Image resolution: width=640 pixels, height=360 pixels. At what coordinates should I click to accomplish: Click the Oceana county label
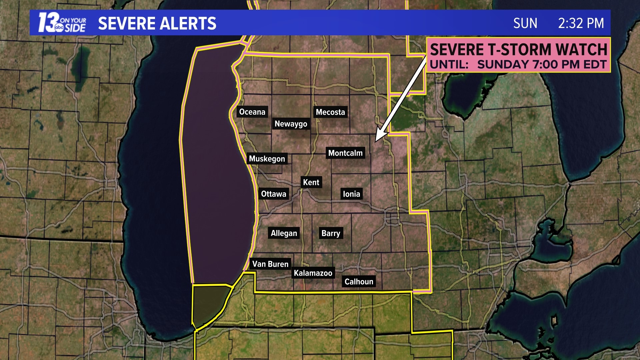tap(252, 112)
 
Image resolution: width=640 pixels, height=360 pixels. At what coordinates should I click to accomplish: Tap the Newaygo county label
tap(291, 124)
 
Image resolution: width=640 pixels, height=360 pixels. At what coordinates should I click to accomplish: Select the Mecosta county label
tap(330, 112)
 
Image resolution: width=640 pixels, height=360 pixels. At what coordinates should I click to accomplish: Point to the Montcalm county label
tap(345, 153)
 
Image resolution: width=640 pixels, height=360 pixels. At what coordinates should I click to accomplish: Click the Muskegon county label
tap(267, 159)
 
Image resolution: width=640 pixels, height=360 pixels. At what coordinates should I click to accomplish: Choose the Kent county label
tap(311, 183)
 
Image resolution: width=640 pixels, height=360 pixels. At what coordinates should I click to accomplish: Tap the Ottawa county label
tap(273, 194)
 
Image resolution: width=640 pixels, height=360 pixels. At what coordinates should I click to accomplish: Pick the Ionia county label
tap(351, 194)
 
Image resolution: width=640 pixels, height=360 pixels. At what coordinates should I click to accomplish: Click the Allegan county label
tap(284, 233)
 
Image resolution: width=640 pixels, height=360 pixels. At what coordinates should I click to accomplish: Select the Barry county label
tap(331, 233)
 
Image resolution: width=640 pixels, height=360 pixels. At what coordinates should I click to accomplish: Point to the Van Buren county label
tap(270, 264)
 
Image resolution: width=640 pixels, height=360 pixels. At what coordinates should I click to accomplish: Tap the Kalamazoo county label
tap(313, 273)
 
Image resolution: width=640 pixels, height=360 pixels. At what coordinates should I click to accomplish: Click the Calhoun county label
tap(359, 282)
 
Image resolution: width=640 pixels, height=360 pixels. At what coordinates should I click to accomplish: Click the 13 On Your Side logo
tap(62, 23)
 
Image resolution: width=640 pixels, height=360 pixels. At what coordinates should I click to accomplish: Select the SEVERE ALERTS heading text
tap(157, 24)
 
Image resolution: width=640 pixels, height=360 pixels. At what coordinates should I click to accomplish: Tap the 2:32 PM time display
tap(581, 23)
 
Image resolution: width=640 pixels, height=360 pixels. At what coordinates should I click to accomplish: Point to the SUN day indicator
tap(525, 23)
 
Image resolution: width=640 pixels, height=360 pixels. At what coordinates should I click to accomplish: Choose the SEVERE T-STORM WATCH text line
tap(518, 50)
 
